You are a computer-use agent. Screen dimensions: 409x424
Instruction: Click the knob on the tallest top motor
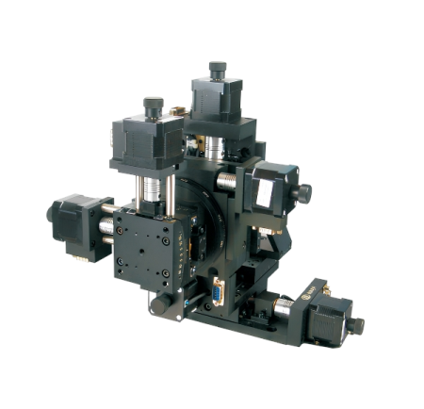coord(219,68)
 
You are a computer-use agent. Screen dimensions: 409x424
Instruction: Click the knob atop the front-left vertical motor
coord(153,104)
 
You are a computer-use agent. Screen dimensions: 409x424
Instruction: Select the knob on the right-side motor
coord(306,192)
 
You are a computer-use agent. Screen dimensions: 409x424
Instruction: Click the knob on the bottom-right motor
coord(357,325)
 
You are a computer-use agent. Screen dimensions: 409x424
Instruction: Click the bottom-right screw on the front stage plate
coord(166,272)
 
